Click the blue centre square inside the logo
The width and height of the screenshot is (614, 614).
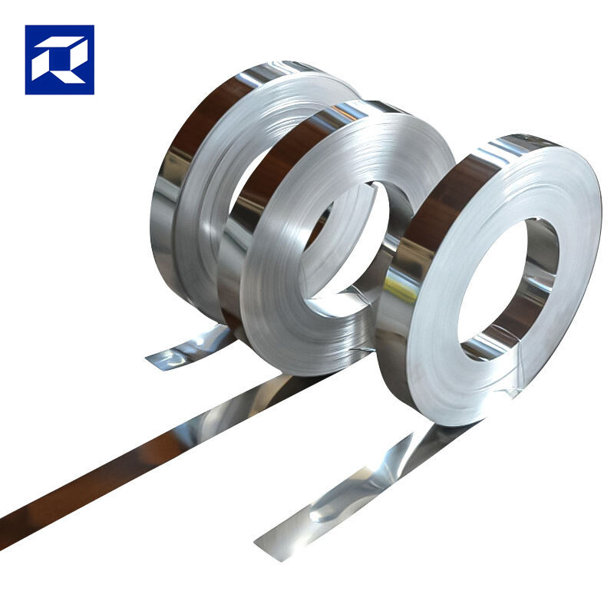point(60,60)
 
